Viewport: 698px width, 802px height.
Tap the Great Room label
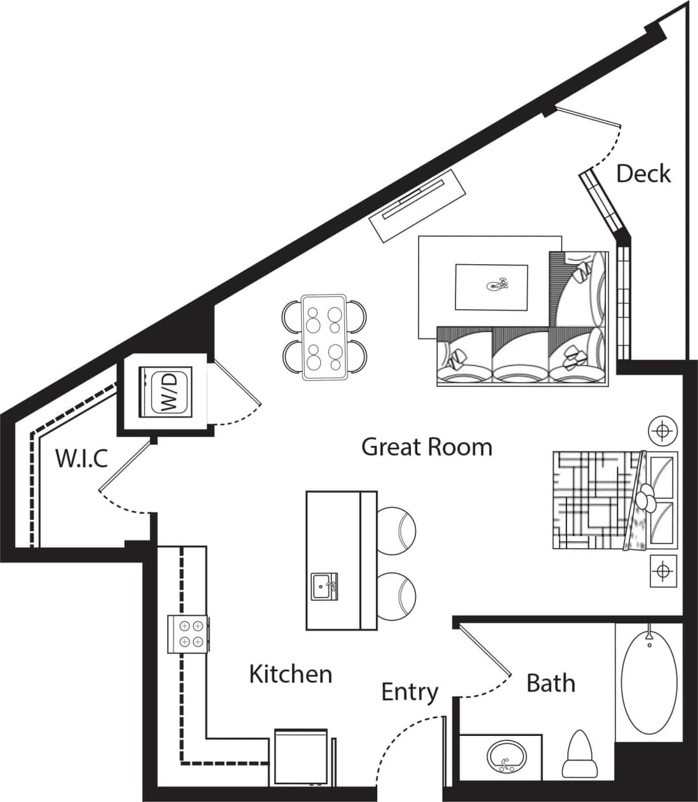427,447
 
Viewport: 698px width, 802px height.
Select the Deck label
643,173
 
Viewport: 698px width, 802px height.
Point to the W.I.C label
82,458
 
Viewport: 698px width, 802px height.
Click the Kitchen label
290,674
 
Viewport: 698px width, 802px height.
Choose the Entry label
410,692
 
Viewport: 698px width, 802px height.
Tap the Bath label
551,683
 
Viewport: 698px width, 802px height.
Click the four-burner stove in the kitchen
188,634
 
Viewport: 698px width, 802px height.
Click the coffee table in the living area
492,287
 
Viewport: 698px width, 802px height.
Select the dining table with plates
324,337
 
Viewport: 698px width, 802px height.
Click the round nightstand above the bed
662,432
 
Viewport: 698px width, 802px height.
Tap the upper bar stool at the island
398,526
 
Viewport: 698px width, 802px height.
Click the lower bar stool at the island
398,594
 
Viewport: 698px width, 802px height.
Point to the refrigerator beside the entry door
302,759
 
